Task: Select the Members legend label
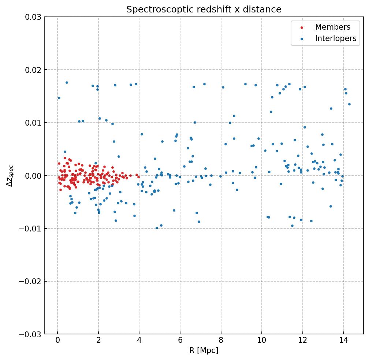[332, 27]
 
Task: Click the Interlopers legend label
[335, 38]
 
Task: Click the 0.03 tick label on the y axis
[33, 17]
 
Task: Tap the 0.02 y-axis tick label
[33, 70]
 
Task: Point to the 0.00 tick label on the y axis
[33, 176]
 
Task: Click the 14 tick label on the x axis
[343, 340]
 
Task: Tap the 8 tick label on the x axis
[221, 340]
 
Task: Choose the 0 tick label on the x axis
[57, 340]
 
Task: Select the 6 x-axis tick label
[180, 340]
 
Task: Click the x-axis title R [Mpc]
[204, 350]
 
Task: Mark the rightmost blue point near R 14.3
[349, 104]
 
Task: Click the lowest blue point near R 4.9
[157, 228]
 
